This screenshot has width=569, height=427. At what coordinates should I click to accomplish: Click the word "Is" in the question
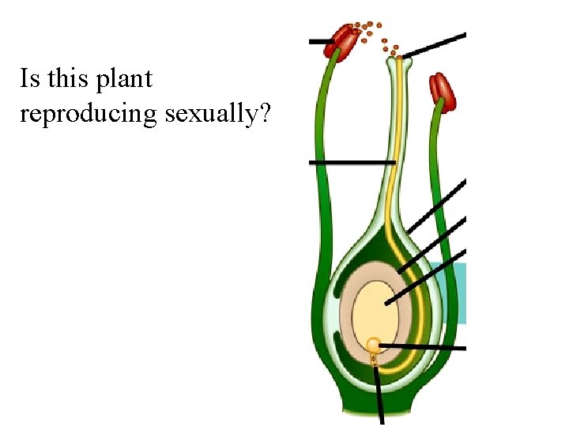pyautogui.click(x=30, y=79)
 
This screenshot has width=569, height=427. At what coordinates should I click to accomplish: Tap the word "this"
pyautogui.click(x=66, y=79)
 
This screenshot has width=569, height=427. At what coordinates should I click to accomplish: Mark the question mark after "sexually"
pyautogui.click(x=266, y=114)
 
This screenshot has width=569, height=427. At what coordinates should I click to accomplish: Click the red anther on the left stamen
pyautogui.click(x=343, y=38)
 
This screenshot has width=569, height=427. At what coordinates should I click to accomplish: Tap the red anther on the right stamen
pyautogui.click(x=443, y=92)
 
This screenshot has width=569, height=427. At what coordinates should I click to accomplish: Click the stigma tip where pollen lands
pyautogui.click(x=400, y=56)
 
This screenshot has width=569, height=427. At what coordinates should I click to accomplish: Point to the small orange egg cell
pyautogui.click(x=373, y=345)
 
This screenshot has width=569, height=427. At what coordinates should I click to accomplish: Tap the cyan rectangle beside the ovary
pyautogui.click(x=456, y=293)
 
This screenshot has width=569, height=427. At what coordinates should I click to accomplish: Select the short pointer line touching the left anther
pyautogui.click(x=319, y=41)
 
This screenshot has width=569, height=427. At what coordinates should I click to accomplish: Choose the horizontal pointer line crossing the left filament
pyautogui.click(x=352, y=162)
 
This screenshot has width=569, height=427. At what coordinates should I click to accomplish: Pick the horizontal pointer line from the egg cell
pyautogui.click(x=423, y=346)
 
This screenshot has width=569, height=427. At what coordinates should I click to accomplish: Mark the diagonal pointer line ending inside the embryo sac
pyautogui.click(x=427, y=278)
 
